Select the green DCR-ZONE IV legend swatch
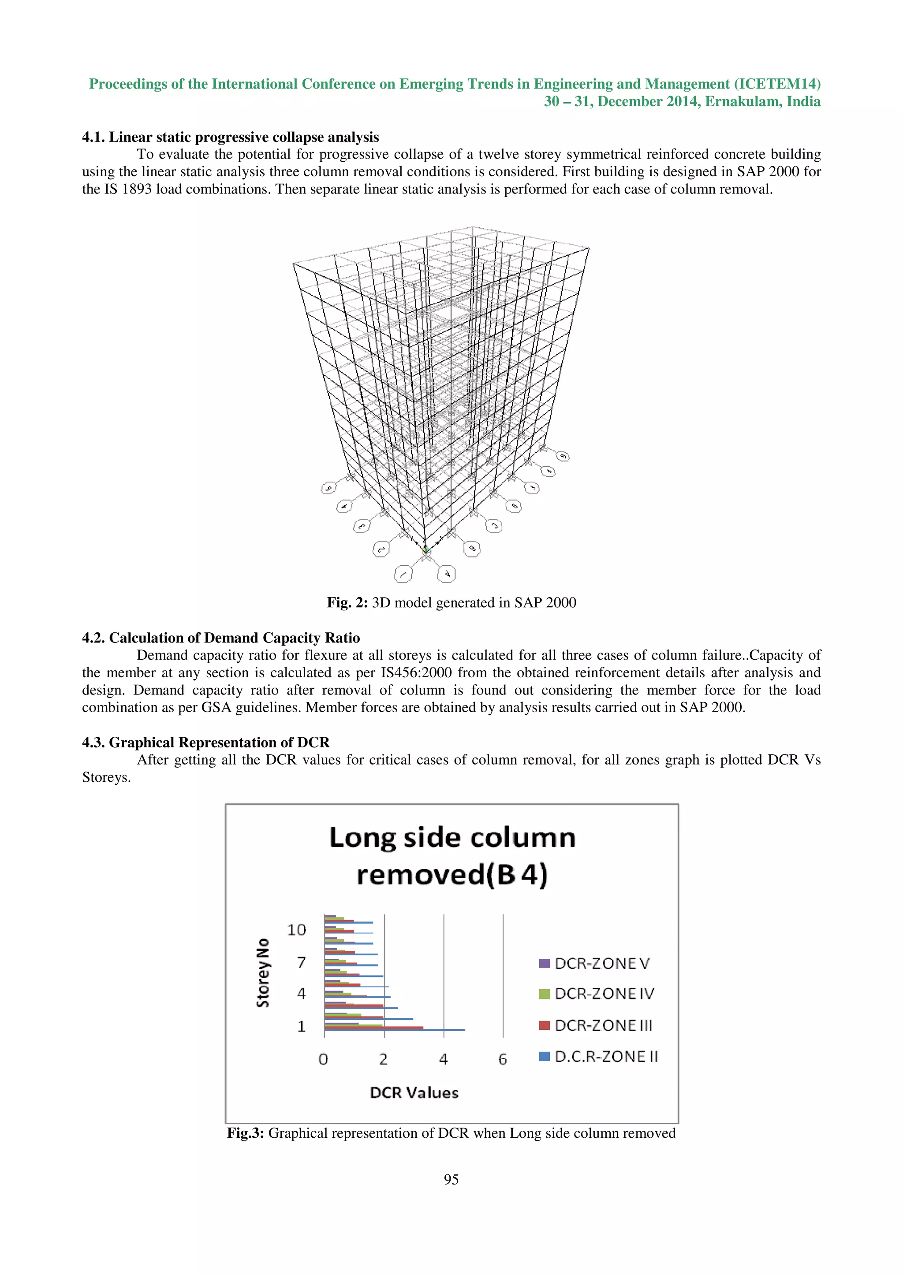point(544,994)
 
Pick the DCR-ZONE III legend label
point(604,1025)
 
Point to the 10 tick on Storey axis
point(297,930)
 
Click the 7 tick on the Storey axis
point(301,962)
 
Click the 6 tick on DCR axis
point(502,1059)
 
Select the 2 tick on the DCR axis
point(383,1059)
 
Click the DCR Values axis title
point(414,1092)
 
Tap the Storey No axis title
point(263,973)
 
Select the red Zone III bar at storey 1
point(373,1027)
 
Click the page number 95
point(451,1179)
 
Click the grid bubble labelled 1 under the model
point(403,574)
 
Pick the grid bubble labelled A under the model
point(446,573)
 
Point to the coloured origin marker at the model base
point(426,550)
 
